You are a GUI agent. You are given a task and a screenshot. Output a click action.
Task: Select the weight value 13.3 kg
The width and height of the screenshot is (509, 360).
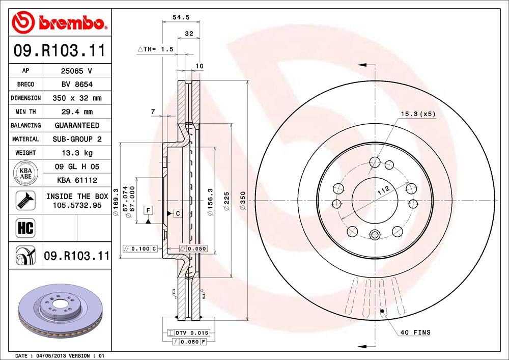click(x=77, y=153)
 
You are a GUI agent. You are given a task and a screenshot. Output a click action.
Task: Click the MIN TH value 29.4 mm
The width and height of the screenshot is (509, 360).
click(x=77, y=112)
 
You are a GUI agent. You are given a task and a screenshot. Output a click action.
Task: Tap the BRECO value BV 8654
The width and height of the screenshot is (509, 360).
click(x=77, y=85)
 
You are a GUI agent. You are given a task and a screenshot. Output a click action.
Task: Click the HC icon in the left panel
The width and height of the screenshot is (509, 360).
click(x=25, y=228)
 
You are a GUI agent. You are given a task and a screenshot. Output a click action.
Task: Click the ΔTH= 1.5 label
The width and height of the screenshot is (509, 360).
click(x=156, y=49)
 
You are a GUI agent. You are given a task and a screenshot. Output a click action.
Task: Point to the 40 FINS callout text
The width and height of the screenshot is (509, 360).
click(x=415, y=333)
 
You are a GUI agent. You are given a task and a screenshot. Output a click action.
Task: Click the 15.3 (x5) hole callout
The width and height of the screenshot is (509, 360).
click(x=418, y=114)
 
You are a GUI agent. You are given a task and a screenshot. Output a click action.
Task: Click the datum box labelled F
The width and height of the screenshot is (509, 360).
click(x=148, y=210)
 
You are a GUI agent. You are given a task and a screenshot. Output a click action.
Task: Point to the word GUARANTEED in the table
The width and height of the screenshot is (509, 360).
click(x=77, y=125)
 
